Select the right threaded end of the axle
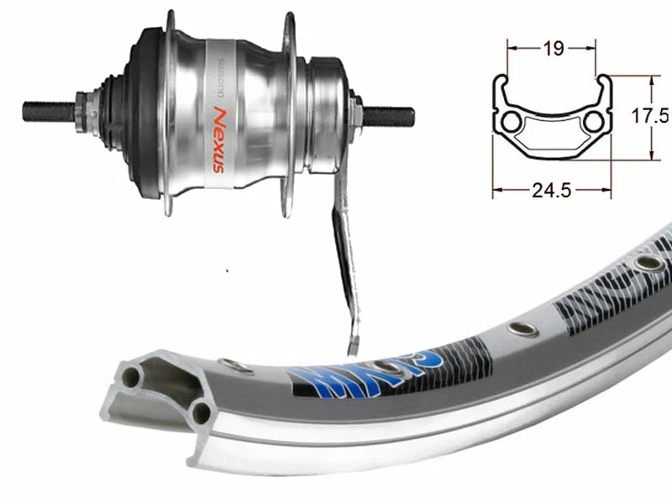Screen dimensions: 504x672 pyautogui.click(x=395, y=112)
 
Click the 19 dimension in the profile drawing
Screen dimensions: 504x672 pyautogui.click(x=552, y=50)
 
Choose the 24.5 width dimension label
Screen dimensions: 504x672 pyautogui.click(x=552, y=191)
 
